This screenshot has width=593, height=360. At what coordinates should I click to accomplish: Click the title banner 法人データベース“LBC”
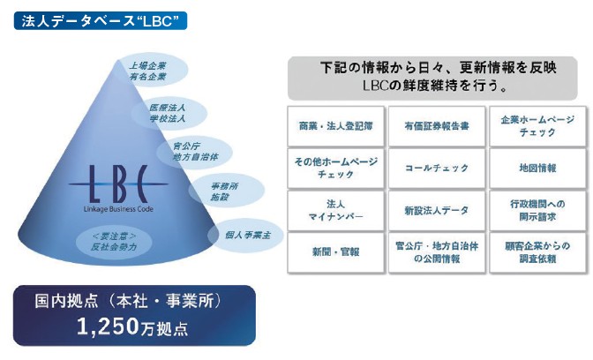point(101,21)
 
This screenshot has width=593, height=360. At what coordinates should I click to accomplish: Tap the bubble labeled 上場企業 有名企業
point(153,71)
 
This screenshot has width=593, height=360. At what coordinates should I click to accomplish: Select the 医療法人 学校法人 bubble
point(169,113)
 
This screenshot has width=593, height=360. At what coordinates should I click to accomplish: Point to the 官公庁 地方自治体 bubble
point(194,152)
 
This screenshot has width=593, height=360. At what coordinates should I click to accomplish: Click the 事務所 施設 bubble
point(226,191)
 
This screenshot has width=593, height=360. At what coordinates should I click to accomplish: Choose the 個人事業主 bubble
point(246,236)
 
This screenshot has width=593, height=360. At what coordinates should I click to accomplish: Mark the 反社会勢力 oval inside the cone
point(114,242)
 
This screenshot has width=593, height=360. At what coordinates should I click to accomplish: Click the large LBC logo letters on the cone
point(118,184)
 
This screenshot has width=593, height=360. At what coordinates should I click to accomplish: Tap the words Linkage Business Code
point(118,209)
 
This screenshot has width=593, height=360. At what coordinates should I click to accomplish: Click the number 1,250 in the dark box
point(108,326)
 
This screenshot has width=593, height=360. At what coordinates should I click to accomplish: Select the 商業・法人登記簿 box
point(336,126)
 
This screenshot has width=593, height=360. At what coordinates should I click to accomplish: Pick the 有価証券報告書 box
point(437,126)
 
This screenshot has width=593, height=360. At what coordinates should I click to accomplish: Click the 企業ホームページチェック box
point(537,126)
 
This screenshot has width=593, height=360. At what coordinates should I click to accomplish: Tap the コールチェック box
point(437,169)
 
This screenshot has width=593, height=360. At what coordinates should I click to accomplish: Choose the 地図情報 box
point(537,169)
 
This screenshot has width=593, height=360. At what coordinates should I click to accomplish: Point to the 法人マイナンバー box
point(336,211)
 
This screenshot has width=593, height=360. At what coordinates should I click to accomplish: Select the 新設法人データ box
point(437,211)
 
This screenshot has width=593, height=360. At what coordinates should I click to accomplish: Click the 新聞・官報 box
point(336,252)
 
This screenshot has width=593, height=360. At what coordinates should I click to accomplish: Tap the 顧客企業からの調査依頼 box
point(537,252)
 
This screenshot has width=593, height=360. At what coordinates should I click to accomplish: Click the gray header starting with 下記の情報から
point(432,78)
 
